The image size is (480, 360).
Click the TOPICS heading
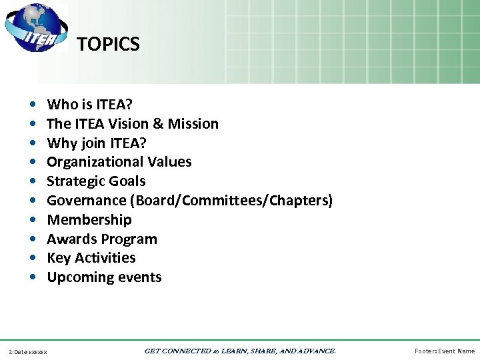[x=108, y=45]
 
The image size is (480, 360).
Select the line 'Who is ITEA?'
[x=89, y=105]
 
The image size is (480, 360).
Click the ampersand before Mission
[x=159, y=124]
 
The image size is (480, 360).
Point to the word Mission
[x=193, y=124]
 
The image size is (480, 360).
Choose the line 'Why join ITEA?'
[x=97, y=143]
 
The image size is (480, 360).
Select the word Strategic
[x=73, y=181]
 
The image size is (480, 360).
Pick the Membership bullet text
[x=89, y=220]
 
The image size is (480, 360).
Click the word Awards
[x=70, y=239]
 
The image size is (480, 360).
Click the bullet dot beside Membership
[x=33, y=220]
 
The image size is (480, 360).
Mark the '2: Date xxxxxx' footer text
[x=27, y=351]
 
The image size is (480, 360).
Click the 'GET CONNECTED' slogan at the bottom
[x=240, y=351]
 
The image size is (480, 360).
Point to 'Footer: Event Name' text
[x=445, y=351]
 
